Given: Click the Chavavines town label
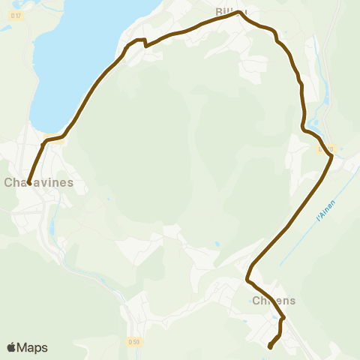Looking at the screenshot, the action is click(x=39, y=182).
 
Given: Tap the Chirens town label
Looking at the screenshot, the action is click(x=274, y=300).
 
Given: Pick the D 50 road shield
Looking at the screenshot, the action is click(x=133, y=342).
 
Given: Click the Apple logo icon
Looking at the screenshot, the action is click(x=11, y=347).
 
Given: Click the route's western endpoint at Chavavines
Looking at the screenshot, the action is click(x=29, y=183).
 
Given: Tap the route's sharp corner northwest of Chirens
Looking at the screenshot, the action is click(x=247, y=280).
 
